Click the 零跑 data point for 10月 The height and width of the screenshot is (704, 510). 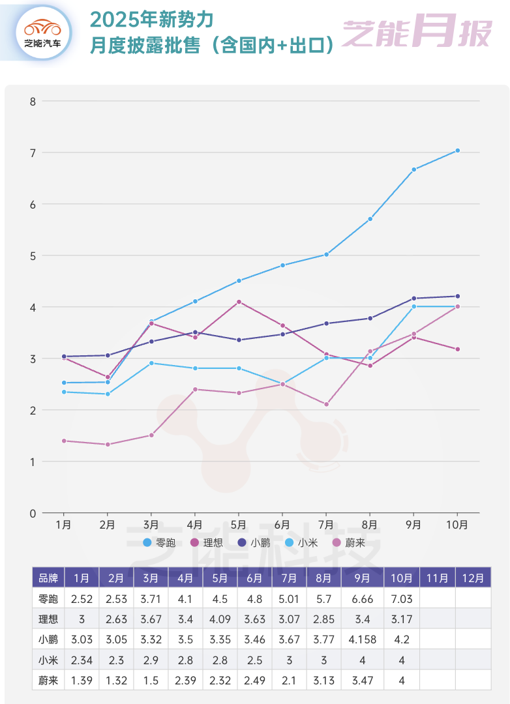click(x=457, y=151)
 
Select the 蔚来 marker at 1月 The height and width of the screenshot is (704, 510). click(x=64, y=441)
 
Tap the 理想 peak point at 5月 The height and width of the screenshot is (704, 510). click(x=239, y=302)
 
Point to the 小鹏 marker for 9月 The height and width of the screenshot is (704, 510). click(x=413, y=299)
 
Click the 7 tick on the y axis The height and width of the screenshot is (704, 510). click(x=32, y=153)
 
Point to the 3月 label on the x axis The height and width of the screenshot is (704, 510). click(x=151, y=525)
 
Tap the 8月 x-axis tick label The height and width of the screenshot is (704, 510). click(x=370, y=525)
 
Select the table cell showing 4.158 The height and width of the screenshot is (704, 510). click(x=363, y=639)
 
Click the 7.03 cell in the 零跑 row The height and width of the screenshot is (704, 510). click(x=402, y=598)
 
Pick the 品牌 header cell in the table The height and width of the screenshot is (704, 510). click(x=48, y=578)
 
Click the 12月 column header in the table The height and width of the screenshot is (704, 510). click(x=472, y=578)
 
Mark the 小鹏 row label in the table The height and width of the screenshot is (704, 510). click(x=48, y=639)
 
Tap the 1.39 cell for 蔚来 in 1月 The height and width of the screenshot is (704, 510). click(x=82, y=681)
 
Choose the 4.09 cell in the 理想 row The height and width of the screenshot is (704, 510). click(x=220, y=619)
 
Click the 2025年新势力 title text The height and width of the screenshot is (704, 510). click(x=152, y=20)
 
